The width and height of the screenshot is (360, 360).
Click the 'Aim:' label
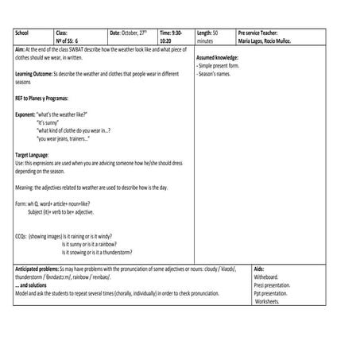(21, 49)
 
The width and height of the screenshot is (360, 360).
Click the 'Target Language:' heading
(32, 154)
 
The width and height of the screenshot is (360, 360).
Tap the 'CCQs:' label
(21, 236)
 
